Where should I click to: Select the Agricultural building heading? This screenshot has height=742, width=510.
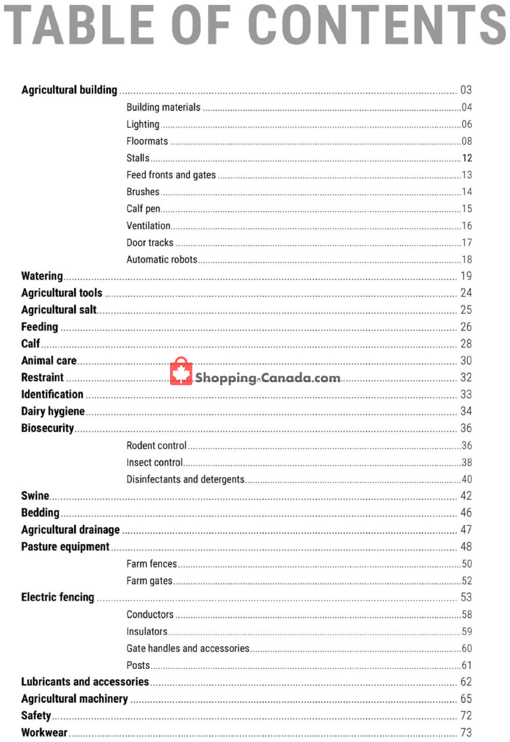point(69,90)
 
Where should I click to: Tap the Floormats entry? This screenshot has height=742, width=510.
point(147,141)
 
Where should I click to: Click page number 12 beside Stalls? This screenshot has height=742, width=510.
point(467,158)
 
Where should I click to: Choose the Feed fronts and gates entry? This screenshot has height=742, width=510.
point(171,175)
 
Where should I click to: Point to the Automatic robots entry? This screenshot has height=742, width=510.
point(162,259)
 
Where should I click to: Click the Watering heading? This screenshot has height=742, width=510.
point(42,276)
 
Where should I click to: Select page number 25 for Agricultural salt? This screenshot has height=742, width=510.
point(466,310)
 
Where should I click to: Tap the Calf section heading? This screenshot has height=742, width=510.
point(31,344)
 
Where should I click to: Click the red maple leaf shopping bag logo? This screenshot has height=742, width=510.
point(181,371)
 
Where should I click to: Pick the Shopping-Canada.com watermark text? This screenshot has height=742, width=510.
point(268,378)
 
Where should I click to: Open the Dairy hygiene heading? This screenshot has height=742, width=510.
point(53,411)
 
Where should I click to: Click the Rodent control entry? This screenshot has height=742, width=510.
point(156,446)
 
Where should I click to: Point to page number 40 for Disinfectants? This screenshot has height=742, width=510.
point(467,479)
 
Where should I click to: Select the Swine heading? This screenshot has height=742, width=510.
point(35,496)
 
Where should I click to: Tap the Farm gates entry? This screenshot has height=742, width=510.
point(149,581)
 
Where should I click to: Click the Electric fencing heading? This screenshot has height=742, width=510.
point(58,597)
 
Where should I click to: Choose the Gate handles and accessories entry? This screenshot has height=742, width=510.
point(188,648)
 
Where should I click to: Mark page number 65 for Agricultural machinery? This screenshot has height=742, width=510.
point(466,699)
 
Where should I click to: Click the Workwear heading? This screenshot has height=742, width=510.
point(44,733)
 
